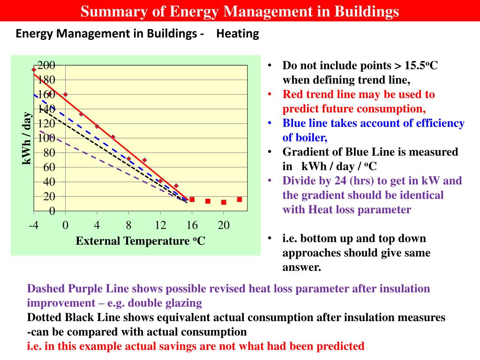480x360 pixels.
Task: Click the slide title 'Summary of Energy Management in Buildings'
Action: (240, 11)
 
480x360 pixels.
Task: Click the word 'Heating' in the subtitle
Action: (238, 34)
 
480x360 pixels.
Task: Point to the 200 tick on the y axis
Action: (46, 65)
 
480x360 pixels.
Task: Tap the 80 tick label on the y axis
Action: (49, 153)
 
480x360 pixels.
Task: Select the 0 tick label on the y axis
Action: (52, 211)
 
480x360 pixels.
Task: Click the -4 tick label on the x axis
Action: (34, 225)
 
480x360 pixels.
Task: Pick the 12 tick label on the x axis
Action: (160, 225)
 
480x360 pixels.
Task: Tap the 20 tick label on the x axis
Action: (224, 225)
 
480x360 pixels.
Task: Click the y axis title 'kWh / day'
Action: (27, 138)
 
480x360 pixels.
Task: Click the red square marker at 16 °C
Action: (192, 199)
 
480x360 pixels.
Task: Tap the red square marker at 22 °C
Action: (240, 199)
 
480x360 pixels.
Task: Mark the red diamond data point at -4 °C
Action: (34, 70)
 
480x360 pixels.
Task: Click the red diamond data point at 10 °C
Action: (144, 160)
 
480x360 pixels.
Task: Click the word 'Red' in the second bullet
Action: (293, 94)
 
